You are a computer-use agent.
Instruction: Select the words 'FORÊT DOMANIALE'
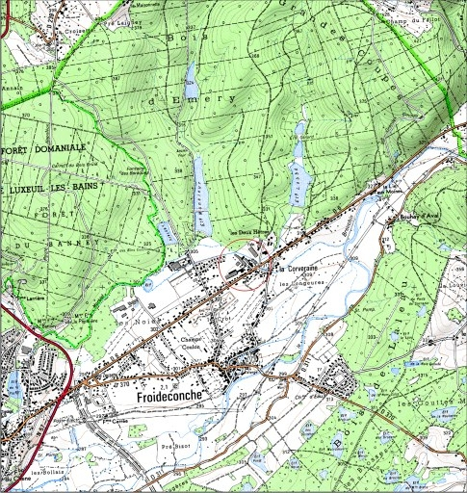pyautogui.click(x=46, y=146)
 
